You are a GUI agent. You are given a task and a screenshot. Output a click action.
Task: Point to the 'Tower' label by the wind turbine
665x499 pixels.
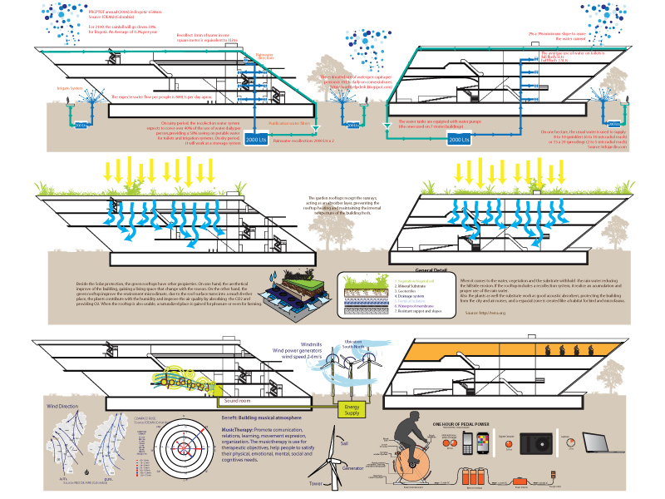[x=315, y=483]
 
